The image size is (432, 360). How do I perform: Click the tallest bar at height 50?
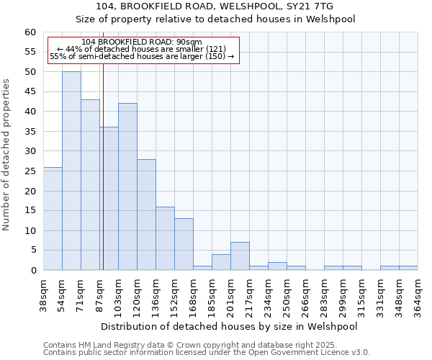click(x=71, y=171)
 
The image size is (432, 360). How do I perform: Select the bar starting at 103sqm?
click(x=127, y=186)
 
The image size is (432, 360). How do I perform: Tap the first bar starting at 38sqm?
click(x=53, y=218)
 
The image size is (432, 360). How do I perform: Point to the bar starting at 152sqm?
click(x=184, y=244)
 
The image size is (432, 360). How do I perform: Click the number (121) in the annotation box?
click(x=215, y=49)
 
